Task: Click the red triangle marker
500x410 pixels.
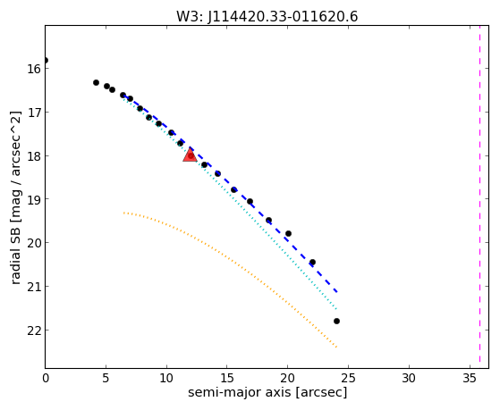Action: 190,155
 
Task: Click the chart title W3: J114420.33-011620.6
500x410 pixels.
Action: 267,17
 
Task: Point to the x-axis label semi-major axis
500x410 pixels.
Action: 239,392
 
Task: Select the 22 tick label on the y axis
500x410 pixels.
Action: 34,331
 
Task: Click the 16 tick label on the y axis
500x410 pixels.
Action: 34,69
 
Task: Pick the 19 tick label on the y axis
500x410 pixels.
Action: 34,199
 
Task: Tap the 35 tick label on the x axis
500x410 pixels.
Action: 470,378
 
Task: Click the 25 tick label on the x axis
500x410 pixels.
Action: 348,378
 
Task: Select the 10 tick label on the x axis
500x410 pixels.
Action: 166,378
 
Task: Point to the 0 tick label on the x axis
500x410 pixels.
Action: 46,378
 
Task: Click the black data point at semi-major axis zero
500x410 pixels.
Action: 46,60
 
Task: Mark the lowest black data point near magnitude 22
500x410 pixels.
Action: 336,321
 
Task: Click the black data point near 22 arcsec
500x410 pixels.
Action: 312,263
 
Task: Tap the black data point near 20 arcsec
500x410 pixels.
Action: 288,233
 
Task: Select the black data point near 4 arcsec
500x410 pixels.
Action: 96,82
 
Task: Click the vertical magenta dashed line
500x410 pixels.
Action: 479,197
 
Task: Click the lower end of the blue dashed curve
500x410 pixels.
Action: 336,292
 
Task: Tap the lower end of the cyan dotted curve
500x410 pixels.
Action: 336,309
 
